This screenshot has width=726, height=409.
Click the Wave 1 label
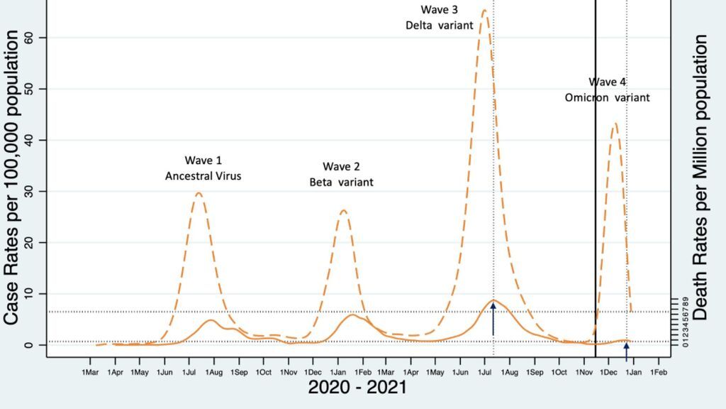click(x=203, y=160)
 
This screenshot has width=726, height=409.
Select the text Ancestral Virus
click(x=203, y=176)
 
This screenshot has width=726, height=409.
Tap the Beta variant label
click(x=342, y=182)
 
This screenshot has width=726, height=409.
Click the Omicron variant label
click(x=607, y=97)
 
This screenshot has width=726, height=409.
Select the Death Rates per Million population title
click(x=701, y=177)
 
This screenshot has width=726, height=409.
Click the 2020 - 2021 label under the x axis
click(x=357, y=388)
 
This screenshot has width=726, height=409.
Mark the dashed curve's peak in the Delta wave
click(x=484, y=11)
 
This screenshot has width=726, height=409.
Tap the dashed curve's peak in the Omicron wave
click(x=615, y=123)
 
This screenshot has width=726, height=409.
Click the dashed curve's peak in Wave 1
click(x=199, y=192)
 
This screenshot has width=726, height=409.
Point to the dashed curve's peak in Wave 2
click(x=342, y=210)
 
